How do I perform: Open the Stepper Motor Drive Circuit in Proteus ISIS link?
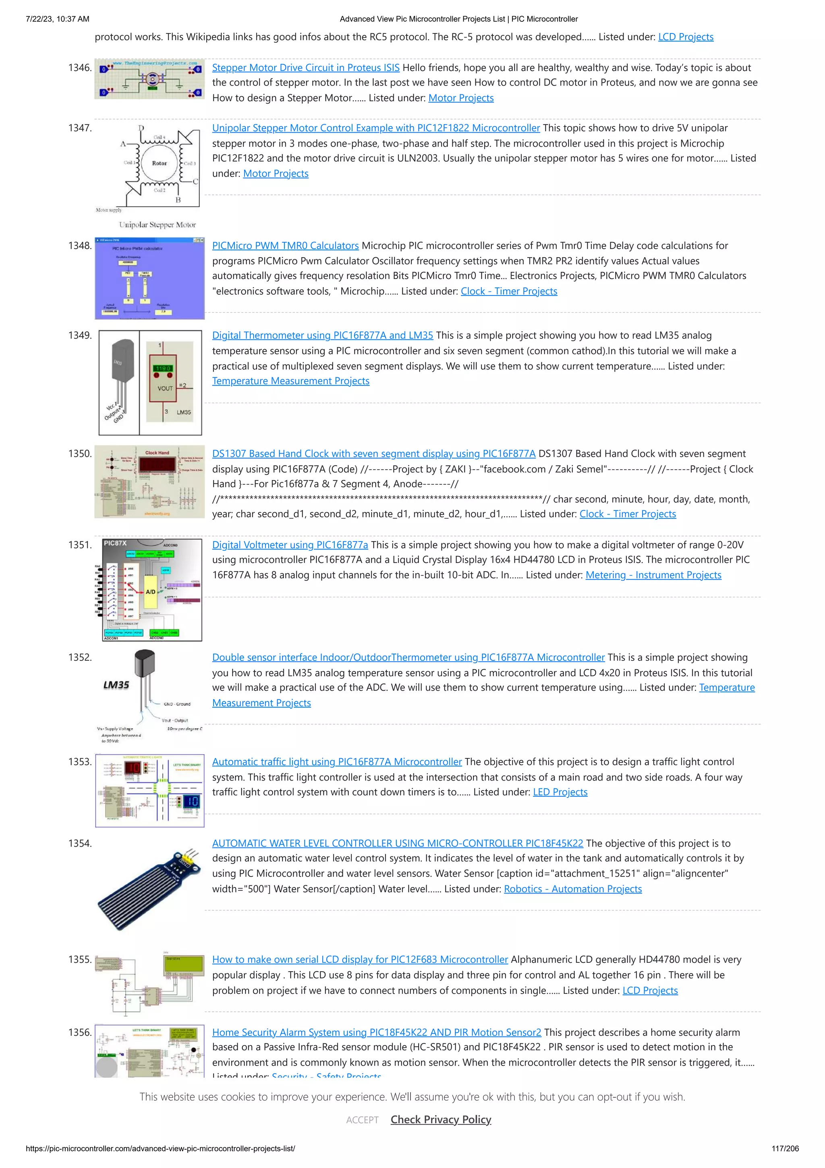click(x=305, y=68)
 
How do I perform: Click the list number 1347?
click(x=80, y=128)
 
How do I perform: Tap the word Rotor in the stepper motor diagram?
click(x=159, y=163)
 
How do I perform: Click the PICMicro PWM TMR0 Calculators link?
click(x=285, y=246)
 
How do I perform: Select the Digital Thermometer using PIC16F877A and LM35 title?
click(x=322, y=335)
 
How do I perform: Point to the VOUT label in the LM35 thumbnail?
click(x=165, y=388)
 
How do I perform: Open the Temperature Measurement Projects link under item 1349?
click(x=290, y=381)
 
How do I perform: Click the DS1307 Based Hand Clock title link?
click(x=373, y=454)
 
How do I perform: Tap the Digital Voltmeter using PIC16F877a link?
click(x=290, y=545)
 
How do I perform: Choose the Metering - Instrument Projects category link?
click(x=653, y=575)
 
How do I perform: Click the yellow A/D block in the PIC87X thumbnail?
click(x=151, y=591)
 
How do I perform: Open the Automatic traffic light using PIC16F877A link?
click(x=336, y=762)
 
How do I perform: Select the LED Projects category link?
click(x=560, y=792)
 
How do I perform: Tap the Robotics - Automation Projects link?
click(x=572, y=889)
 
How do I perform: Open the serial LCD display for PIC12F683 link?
click(x=360, y=960)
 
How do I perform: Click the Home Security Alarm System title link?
click(x=376, y=1032)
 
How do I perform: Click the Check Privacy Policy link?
click(x=441, y=1120)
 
